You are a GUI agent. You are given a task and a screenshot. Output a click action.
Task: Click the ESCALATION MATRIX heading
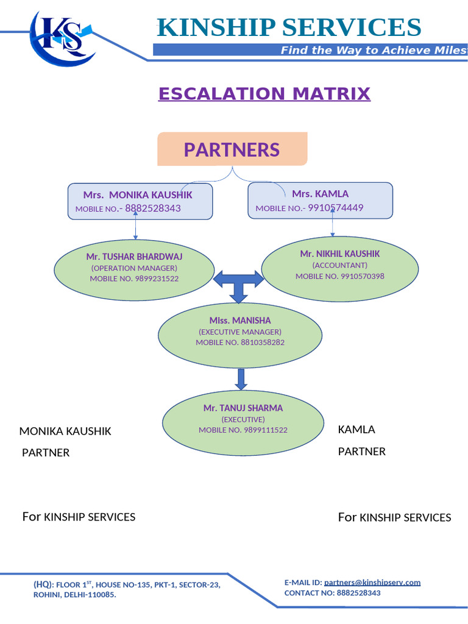(264, 94)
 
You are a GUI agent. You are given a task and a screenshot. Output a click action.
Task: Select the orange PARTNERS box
(232, 149)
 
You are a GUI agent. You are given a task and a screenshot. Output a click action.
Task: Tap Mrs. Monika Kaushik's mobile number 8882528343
(153, 208)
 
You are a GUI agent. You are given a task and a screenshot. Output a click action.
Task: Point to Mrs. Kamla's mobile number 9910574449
(335, 208)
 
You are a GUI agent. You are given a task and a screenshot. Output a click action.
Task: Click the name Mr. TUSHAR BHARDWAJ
(134, 257)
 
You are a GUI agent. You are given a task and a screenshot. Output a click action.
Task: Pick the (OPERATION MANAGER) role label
(134, 268)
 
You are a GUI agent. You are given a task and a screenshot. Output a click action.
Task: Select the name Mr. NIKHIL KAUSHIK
(339, 253)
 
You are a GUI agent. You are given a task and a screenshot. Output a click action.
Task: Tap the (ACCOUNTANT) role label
(339, 265)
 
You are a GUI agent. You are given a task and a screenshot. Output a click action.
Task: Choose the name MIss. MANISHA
(240, 321)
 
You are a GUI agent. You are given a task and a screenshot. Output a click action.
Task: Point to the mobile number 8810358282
(261, 342)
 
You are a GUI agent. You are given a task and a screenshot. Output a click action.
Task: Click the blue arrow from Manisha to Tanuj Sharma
(241, 378)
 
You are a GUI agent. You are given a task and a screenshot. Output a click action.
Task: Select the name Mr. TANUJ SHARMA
(243, 408)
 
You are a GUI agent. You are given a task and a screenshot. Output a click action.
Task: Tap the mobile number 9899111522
(264, 430)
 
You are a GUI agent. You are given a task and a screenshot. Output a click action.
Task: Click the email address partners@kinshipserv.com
(372, 583)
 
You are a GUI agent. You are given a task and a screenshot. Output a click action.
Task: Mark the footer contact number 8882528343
(358, 593)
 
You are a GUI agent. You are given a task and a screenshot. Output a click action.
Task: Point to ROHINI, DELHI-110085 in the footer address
(74, 595)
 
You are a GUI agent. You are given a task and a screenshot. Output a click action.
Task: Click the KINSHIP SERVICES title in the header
(288, 28)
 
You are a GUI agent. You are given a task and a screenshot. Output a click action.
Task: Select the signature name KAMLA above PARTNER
(356, 430)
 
